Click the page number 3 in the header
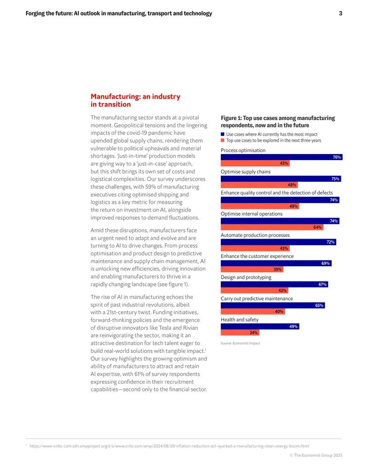pos(340,13)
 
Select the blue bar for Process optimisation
pos(282,157)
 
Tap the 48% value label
pos(292,184)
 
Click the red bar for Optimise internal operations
pos(272,227)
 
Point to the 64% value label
pos(317,227)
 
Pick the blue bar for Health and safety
pos(260,327)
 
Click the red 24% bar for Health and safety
pos(240,333)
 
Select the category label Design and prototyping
pos(246,277)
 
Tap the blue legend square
pos(223,134)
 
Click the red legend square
pos(223,140)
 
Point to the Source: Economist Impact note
pos(240,343)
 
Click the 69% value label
pos(326,263)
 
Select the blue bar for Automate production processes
pos(278,242)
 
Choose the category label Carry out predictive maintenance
pos(257,298)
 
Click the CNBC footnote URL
pos(169,446)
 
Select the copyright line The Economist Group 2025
pos(316,455)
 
